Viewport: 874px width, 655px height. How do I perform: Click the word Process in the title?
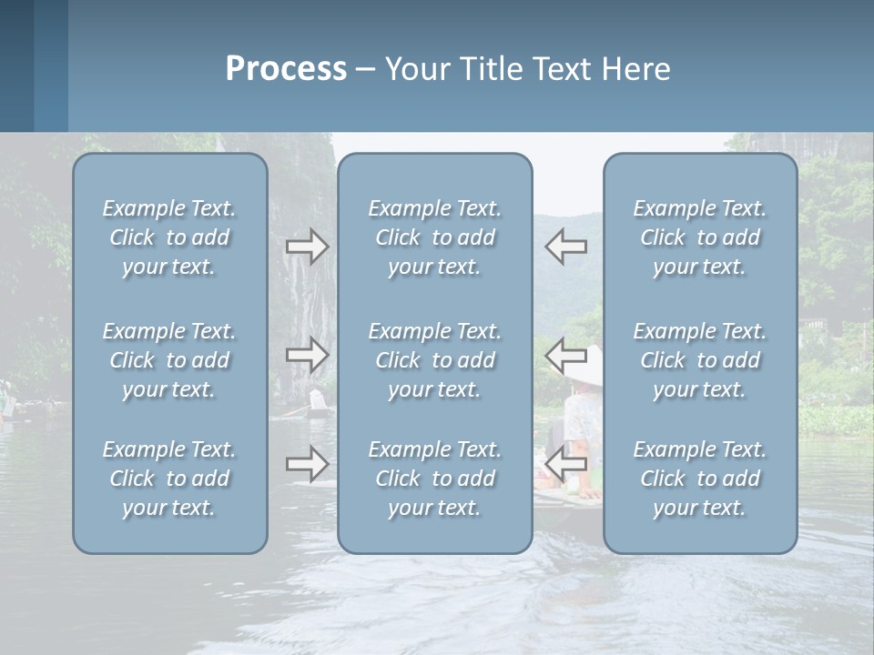click(x=286, y=69)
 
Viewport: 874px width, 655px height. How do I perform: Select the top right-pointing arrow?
click(x=307, y=247)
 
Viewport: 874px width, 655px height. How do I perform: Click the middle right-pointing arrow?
click(x=307, y=354)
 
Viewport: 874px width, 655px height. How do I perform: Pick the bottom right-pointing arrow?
click(x=307, y=464)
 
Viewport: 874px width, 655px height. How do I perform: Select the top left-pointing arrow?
click(x=565, y=247)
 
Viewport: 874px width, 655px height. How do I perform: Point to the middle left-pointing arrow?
click(x=565, y=354)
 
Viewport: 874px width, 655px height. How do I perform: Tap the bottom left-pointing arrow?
click(x=565, y=464)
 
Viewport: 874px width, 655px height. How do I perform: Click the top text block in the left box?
click(x=169, y=237)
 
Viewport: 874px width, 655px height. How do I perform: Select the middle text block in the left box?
click(x=169, y=360)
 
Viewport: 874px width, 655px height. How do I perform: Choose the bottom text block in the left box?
click(x=169, y=479)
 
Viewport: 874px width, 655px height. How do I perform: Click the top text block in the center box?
click(x=434, y=237)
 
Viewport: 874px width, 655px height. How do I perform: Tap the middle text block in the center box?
click(x=434, y=360)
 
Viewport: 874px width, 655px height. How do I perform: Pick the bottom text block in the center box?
click(x=434, y=479)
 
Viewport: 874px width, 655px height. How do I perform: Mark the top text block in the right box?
click(x=699, y=237)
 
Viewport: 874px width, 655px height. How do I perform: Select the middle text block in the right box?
click(x=699, y=360)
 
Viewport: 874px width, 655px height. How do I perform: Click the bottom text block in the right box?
click(x=699, y=479)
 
